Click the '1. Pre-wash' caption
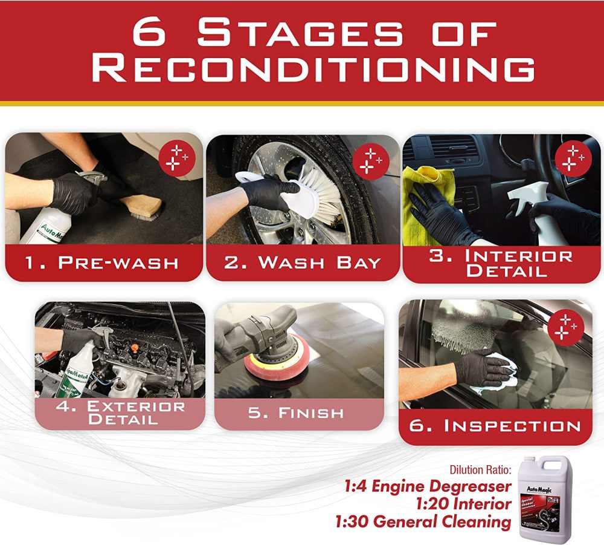pyautogui.click(x=103, y=263)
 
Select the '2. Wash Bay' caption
pyautogui.click(x=303, y=263)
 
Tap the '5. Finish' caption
pyautogui.click(x=296, y=413)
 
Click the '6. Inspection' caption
pyautogui.click(x=495, y=425)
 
